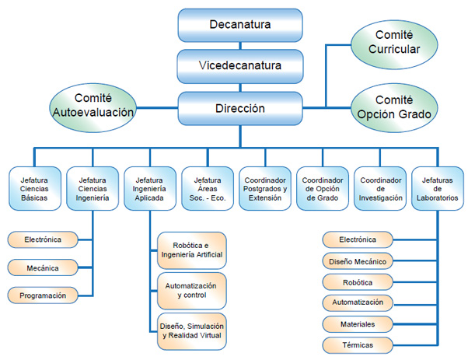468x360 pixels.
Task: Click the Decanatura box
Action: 239,25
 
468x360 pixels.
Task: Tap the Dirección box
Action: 239,109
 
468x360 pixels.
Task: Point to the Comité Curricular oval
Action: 397,41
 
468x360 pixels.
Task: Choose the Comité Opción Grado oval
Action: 397,108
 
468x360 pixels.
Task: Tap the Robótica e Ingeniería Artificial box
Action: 192,249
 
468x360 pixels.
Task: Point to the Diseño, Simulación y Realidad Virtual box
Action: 192,330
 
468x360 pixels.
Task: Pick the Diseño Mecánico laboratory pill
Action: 358,260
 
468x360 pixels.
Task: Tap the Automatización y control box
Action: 192,290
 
